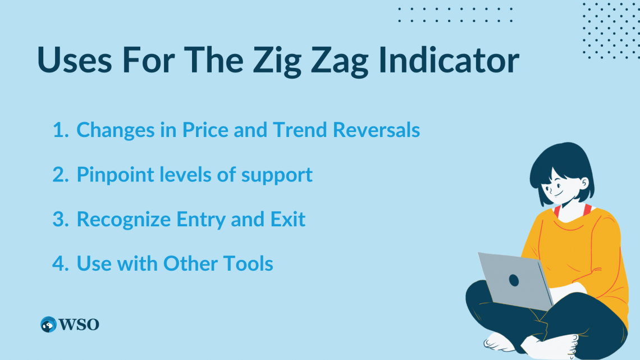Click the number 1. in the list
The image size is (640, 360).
[60, 130]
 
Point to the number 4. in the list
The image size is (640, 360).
[60, 263]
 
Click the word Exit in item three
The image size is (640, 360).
[290, 219]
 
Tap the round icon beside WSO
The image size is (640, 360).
[48, 325]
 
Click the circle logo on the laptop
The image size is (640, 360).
[514, 280]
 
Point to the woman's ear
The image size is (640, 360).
[584, 184]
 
